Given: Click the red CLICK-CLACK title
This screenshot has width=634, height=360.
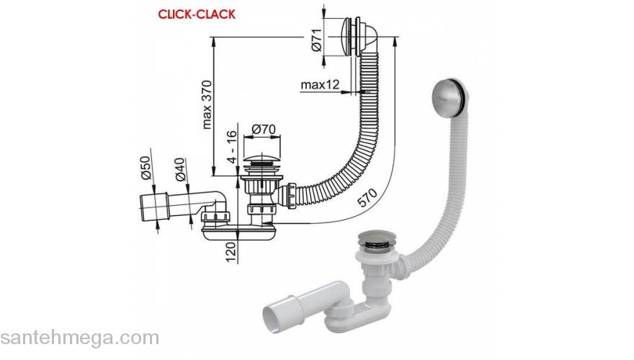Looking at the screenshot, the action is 197,14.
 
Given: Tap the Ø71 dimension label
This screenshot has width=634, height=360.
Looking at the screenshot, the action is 316,40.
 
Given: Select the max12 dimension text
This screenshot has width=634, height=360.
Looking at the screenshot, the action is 320,85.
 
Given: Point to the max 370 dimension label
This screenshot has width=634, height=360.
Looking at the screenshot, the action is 207,104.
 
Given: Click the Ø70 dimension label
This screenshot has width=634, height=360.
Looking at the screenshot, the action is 263,130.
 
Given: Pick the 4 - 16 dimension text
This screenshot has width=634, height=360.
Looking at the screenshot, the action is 232,147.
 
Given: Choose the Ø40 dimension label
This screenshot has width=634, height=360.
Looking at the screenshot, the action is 180,169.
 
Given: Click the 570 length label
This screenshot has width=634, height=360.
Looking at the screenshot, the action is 368,198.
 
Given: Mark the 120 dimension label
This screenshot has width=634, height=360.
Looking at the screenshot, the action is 231,252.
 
